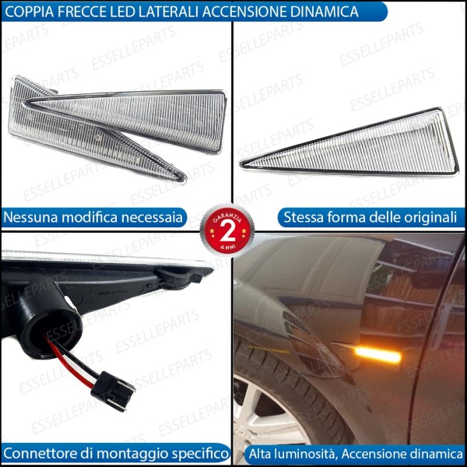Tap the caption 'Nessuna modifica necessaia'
(93, 217)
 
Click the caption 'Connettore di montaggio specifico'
(115, 452)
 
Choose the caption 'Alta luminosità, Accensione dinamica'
(355, 452)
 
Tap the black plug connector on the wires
(112, 388)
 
